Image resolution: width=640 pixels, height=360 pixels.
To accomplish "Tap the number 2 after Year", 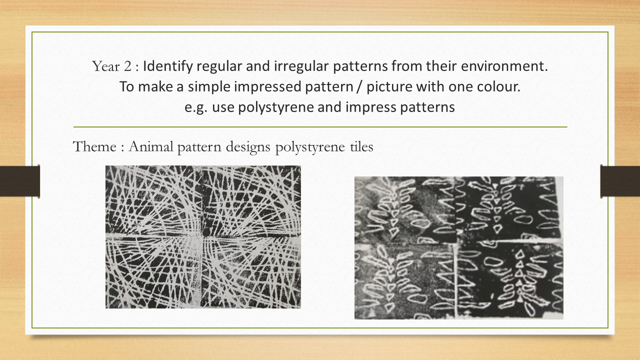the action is (x=127, y=66).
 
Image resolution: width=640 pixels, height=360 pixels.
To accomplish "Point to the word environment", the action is (x=504, y=66).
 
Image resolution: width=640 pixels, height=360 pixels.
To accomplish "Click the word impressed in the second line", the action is (x=267, y=87).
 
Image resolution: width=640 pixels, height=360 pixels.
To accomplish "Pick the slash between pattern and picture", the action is (x=359, y=87).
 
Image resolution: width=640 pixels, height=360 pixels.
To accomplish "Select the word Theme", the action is (x=94, y=147).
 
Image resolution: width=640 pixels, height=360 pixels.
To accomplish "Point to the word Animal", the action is (x=151, y=147).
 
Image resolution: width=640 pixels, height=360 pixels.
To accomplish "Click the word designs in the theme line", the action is (x=248, y=147).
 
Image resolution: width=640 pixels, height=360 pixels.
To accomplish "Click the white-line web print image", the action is (x=203, y=237).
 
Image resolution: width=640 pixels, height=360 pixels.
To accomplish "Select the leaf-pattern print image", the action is (x=459, y=247).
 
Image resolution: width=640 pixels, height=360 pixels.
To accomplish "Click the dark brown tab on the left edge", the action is (x=19, y=181).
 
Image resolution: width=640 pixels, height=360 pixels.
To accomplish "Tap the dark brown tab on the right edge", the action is (x=620, y=181).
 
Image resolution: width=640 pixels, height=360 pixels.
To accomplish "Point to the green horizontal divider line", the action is (x=320, y=127).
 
